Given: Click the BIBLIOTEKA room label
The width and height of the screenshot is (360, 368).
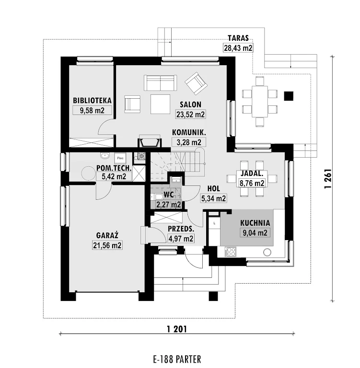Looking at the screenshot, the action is click(92, 101).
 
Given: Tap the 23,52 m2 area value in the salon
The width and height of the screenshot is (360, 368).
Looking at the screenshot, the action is click(190, 115).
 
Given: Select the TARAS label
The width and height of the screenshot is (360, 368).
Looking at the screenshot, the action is click(238, 38).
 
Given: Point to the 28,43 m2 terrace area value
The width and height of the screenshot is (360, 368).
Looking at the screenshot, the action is click(238, 48).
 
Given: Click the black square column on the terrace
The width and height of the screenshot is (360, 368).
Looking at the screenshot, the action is click(289, 96).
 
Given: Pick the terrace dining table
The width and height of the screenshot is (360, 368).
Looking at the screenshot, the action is click(260, 102).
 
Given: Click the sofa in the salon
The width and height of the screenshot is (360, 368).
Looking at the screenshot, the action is click(161, 82).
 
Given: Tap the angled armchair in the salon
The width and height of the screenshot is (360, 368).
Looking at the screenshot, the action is click(196, 83).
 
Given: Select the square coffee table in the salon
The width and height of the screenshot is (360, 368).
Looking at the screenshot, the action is click(160, 104).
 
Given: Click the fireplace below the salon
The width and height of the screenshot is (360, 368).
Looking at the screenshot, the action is click(150, 141).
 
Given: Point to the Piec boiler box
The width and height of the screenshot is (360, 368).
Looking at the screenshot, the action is click(120, 158).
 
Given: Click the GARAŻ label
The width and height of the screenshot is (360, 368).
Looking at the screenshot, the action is click(107, 235).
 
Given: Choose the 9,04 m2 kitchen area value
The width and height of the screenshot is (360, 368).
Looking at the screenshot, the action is click(255, 233).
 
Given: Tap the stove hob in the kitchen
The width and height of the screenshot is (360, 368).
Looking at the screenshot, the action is click(231, 252).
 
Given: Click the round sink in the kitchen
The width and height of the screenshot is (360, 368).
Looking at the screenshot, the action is click(267, 253).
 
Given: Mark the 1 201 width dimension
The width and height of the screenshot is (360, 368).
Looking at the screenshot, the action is click(177, 329).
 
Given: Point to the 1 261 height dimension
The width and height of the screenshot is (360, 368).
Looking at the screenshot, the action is click(327, 179).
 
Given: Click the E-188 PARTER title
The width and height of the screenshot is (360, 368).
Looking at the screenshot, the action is click(177, 359).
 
